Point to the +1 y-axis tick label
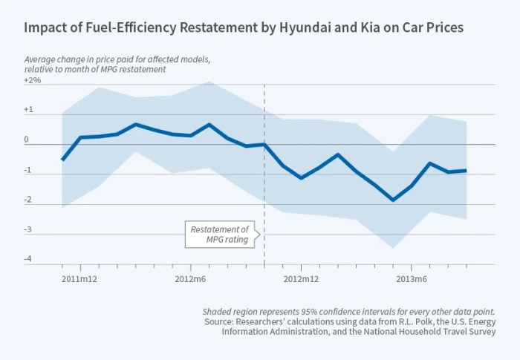[x=29, y=109]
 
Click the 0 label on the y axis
[x=27, y=139]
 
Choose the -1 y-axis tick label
[x=28, y=169]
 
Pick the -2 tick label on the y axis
[x=28, y=199]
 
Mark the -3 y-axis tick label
[x=28, y=229]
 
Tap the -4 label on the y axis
[x=28, y=258]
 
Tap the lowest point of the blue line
[x=393, y=200]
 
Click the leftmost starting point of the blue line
[x=62, y=160]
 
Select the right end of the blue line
[x=466, y=171]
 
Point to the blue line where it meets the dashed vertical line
[x=264, y=145]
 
